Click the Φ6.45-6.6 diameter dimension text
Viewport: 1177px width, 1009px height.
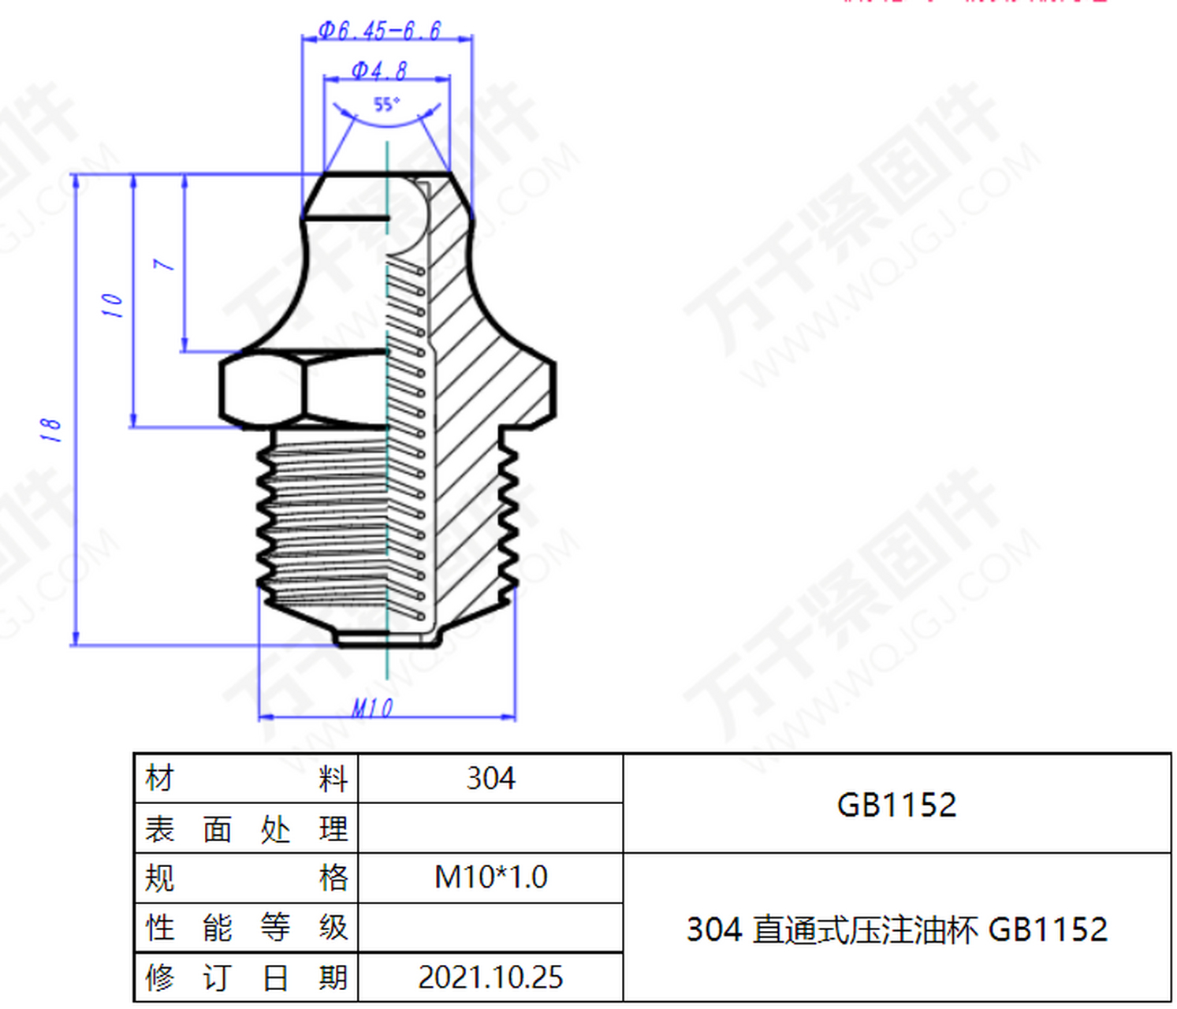379,31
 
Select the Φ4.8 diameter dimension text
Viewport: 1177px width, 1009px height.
379,70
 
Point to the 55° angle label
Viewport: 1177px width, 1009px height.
386,104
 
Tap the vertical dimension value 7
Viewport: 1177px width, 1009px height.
164,264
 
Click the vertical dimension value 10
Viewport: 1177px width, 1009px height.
113,304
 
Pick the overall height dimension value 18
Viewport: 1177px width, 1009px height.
50,429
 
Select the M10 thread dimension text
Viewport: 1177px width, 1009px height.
372,708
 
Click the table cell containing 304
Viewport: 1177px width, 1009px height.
490,779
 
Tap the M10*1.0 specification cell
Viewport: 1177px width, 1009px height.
490,877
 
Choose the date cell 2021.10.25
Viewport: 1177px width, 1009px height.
490,977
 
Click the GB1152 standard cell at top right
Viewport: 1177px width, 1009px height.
896,805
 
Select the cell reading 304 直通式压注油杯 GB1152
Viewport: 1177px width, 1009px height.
896,929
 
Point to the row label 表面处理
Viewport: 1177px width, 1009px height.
246,828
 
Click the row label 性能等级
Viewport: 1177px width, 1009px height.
246,927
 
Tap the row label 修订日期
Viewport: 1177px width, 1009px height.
246,977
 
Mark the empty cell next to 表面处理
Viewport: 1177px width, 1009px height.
490,828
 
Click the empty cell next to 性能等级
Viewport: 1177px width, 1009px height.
490,927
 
